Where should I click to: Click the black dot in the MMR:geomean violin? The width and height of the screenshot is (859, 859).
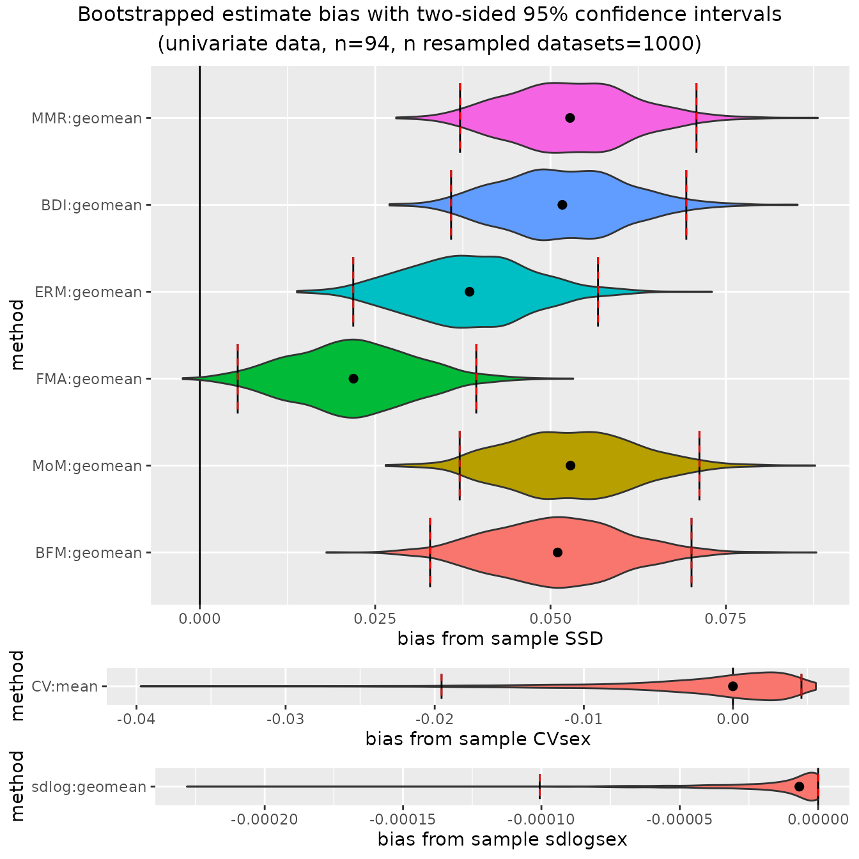tap(570, 118)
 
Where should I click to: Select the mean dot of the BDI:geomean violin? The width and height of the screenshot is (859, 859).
tap(562, 205)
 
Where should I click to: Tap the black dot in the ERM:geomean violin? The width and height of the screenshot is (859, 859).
tap(470, 291)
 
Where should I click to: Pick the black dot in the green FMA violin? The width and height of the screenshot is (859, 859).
tap(353, 378)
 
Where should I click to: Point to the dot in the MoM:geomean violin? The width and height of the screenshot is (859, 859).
tap(571, 465)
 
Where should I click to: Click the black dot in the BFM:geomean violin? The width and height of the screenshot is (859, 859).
tap(557, 552)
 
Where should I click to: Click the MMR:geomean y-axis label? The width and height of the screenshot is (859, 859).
tap(87, 118)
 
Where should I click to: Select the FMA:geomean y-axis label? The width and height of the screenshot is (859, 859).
tap(89, 379)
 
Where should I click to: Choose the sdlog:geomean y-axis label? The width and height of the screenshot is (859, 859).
tap(89, 787)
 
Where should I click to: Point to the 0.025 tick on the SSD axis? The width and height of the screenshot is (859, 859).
tap(375, 618)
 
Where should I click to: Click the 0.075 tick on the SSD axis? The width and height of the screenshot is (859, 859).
tap(725, 618)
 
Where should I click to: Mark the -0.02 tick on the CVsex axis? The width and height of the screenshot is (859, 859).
tap(435, 718)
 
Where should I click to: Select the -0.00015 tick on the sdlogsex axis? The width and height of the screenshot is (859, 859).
tap(403, 819)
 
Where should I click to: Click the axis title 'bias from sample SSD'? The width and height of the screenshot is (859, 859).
tap(500, 638)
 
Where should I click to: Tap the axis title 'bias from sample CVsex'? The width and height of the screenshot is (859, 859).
tap(477, 739)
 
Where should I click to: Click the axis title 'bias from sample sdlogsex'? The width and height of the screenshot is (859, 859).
tap(502, 839)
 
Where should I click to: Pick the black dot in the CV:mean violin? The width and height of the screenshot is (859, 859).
tap(733, 686)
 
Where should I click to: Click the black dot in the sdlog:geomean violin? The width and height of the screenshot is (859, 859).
tap(799, 786)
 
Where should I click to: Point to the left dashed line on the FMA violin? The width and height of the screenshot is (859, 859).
tap(238, 378)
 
